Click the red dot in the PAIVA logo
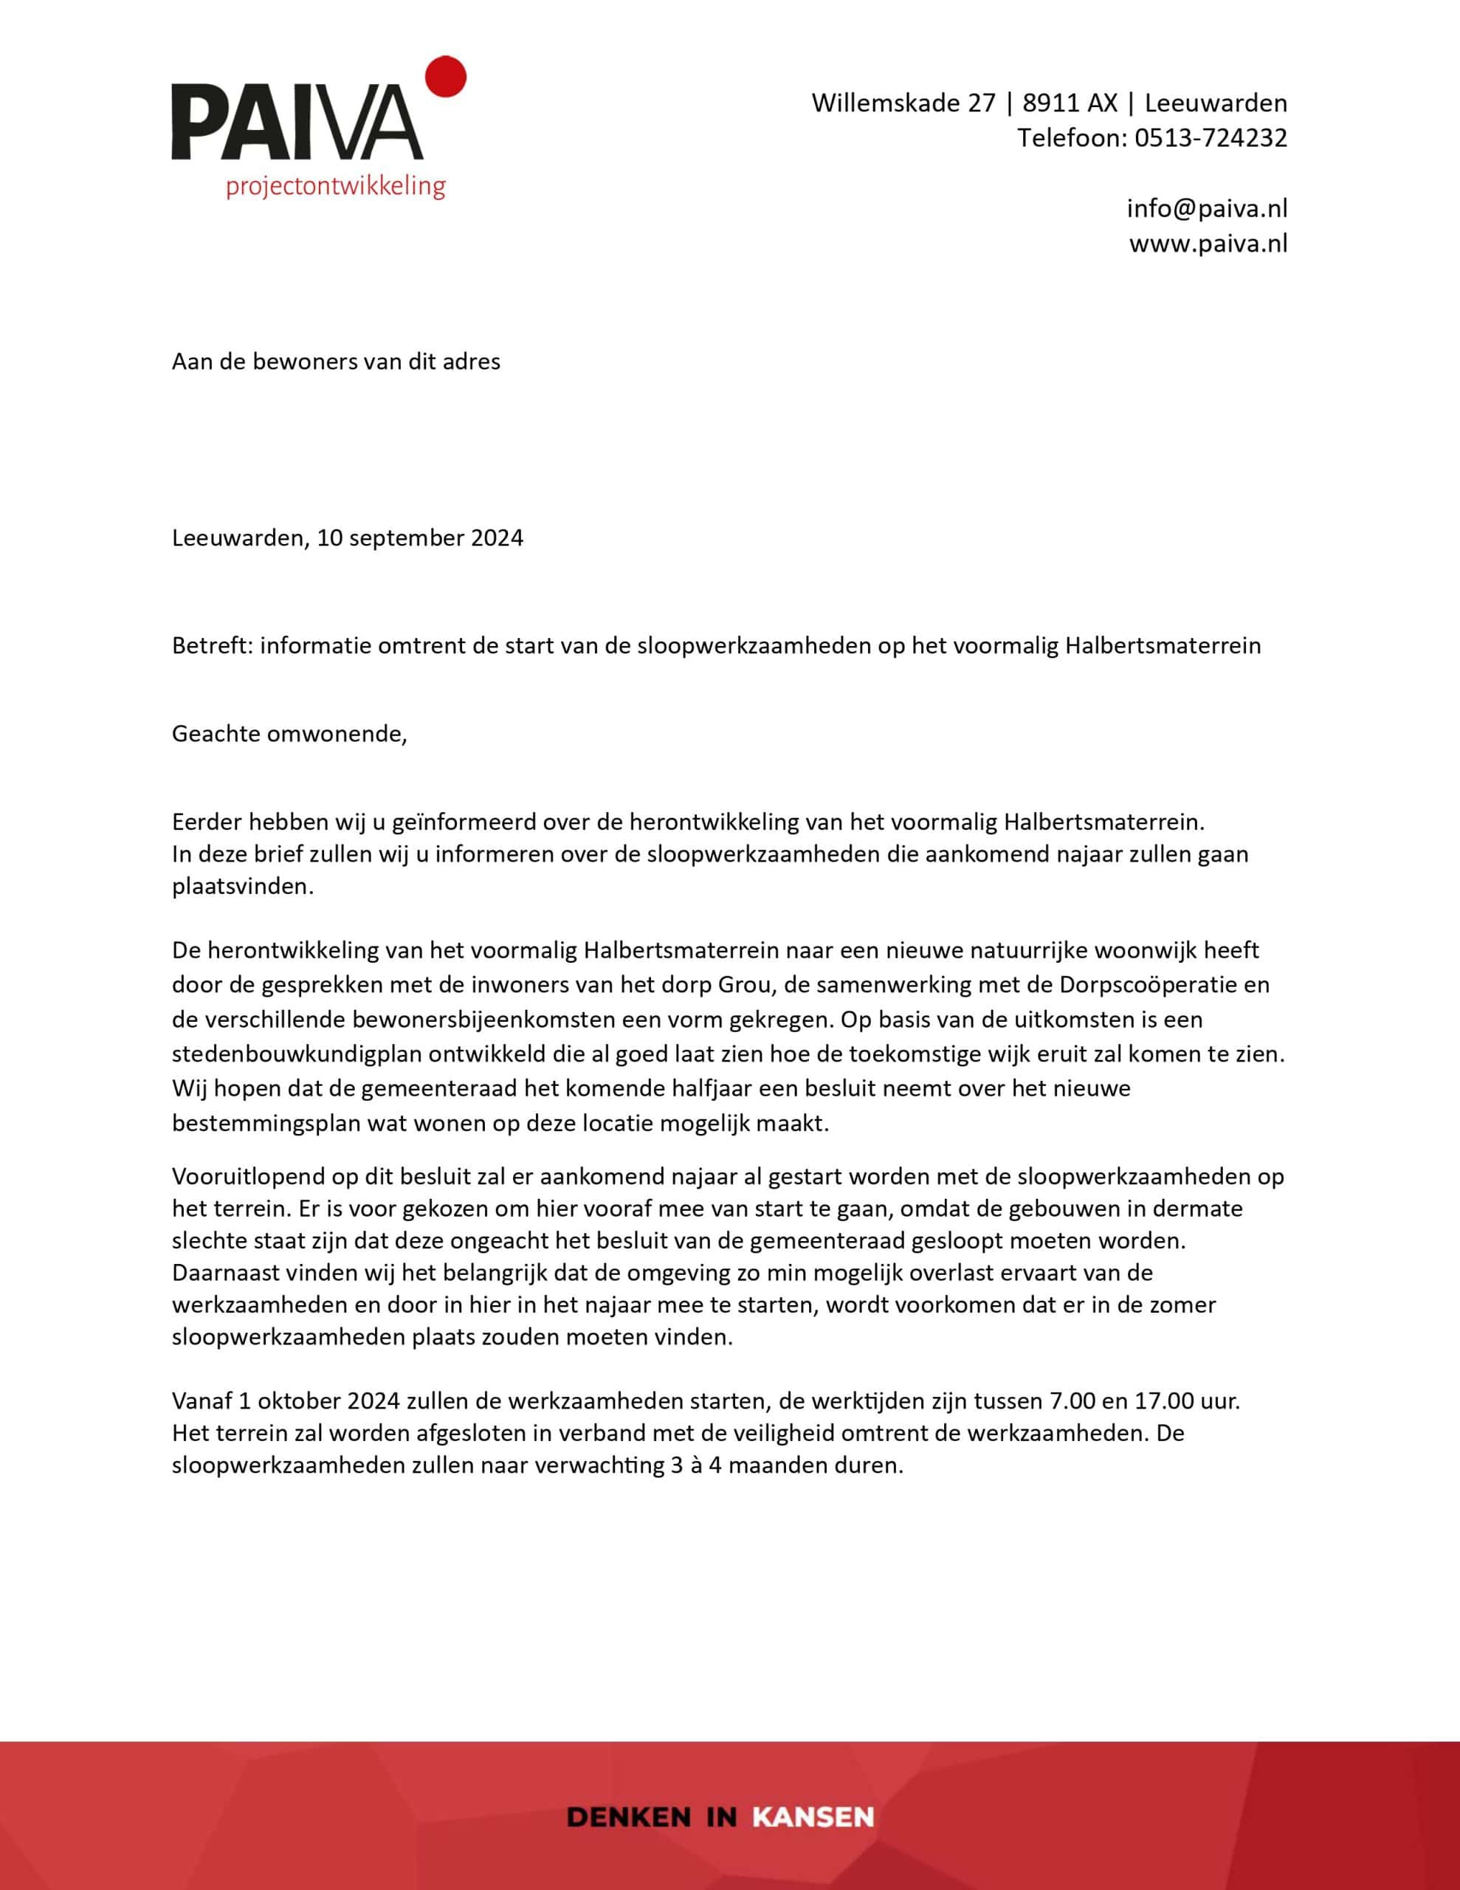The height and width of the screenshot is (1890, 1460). pos(447,75)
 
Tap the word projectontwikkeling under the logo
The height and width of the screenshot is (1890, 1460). pos(335,186)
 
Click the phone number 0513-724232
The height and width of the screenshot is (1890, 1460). pos(1210,137)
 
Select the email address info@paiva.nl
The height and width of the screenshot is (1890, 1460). pos(1206,207)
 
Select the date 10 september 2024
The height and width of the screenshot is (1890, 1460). pos(420,537)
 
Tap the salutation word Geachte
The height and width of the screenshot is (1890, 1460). pos(216,734)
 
